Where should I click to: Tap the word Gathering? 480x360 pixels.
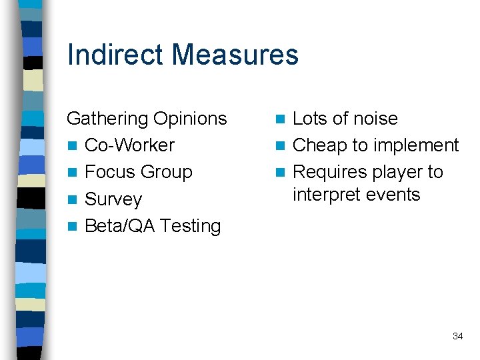[107, 119]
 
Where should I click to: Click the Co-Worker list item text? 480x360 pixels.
[129, 145]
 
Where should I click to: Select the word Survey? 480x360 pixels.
[113, 199]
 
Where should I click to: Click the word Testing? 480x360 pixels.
[190, 226]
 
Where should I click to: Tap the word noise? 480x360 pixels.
[373, 119]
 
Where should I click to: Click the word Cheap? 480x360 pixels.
[319, 145]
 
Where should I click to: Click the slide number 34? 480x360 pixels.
[457, 336]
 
